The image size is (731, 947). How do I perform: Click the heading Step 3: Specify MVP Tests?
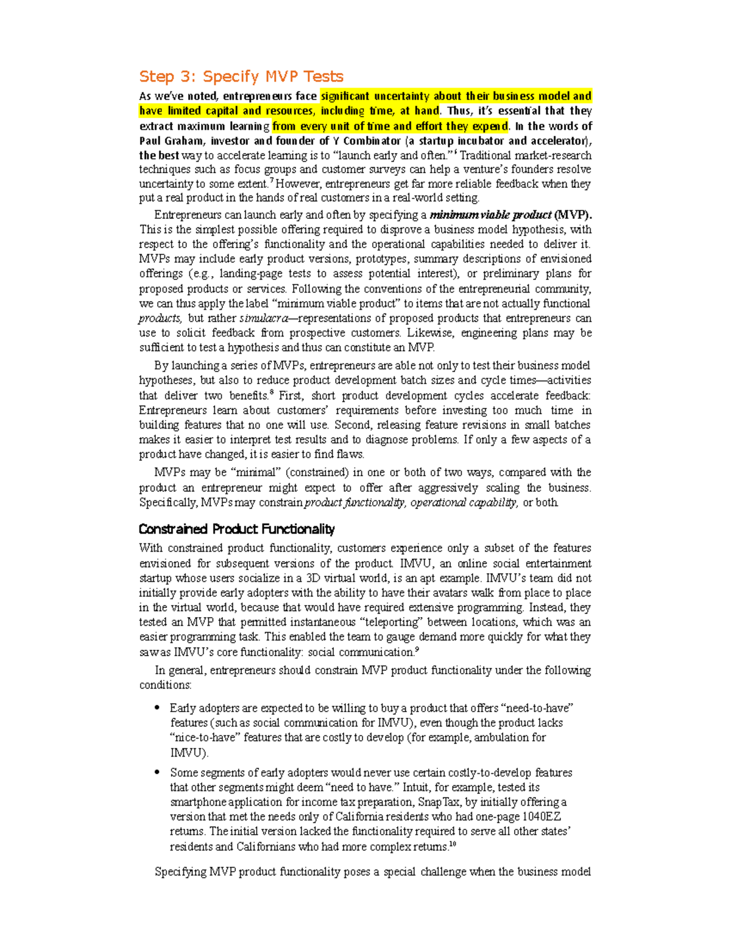tap(241, 76)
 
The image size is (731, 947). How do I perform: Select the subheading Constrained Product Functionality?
tap(236, 529)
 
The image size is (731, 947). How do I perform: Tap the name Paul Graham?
tap(171, 141)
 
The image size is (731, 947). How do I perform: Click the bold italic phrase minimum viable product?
tap(490, 215)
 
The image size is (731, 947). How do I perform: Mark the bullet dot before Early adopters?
tap(157, 708)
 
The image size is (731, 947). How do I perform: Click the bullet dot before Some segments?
tap(157, 772)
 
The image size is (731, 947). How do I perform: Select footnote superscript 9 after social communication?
tap(417, 650)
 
